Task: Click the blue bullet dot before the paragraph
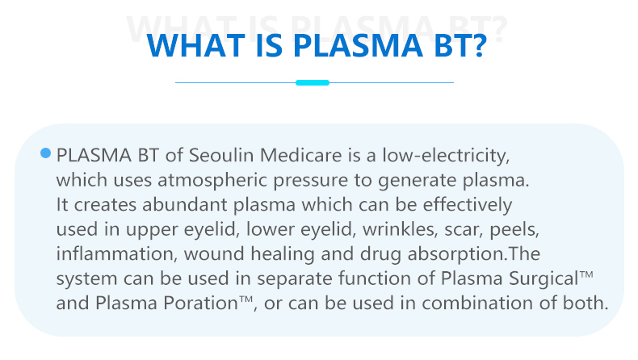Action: (x=45, y=153)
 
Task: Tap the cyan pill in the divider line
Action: (x=313, y=82)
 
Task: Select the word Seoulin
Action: (x=221, y=156)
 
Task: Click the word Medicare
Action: (x=300, y=156)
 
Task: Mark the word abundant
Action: (x=184, y=204)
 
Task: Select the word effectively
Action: (x=467, y=205)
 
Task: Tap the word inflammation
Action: (x=115, y=253)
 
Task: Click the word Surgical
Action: (x=544, y=279)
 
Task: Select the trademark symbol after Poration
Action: (x=246, y=300)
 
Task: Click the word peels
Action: (x=513, y=230)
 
